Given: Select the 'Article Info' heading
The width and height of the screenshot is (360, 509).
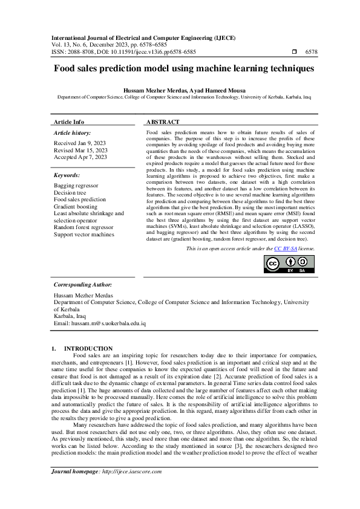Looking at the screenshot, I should click(70, 122).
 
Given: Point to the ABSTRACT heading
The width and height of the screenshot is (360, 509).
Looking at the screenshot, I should click(163, 122).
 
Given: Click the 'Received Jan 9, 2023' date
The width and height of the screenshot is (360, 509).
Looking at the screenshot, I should click(80, 143).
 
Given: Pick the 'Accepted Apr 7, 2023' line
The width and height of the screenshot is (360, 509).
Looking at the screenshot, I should click(80, 157).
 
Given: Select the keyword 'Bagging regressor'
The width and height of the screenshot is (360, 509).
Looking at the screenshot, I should click(76, 184).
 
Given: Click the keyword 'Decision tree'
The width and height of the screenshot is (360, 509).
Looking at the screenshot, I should click(71, 192).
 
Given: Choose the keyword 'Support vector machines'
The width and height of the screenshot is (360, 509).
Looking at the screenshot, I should click(84, 235).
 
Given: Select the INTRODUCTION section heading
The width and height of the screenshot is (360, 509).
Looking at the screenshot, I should click(88, 348).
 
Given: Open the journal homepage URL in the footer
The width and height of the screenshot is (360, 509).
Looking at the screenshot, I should click(137, 488).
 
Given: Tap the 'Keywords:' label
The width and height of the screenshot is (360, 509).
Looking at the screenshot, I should click(67, 175).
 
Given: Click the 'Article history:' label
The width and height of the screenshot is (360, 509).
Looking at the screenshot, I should click(73, 132).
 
